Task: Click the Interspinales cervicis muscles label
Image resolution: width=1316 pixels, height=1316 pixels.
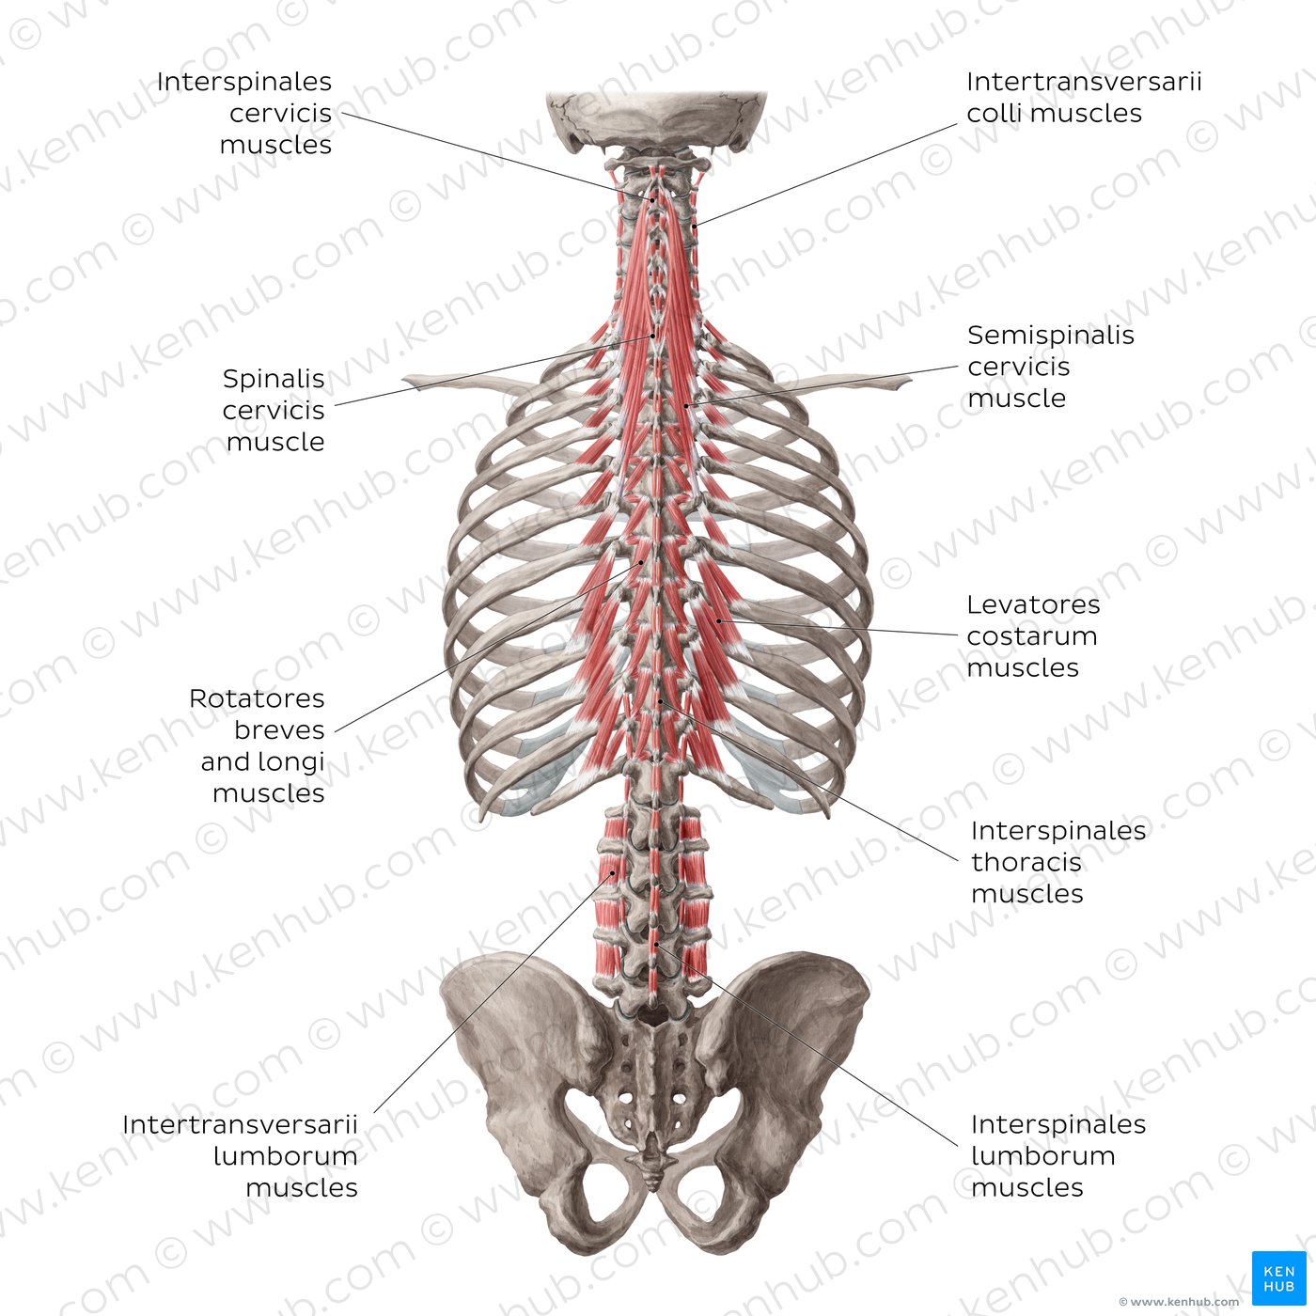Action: [x=243, y=113]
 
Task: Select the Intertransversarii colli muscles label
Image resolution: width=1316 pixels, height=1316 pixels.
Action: [x=1084, y=97]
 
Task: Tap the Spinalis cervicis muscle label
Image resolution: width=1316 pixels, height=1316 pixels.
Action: [x=274, y=410]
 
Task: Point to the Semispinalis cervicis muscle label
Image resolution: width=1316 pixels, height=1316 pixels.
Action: [x=1050, y=366]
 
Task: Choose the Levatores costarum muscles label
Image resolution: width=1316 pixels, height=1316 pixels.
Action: [x=1033, y=635]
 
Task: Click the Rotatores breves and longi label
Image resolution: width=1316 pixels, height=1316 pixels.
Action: [x=257, y=745]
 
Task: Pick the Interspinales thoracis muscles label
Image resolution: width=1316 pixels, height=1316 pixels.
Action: [x=1058, y=862]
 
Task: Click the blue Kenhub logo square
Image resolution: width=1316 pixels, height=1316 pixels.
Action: [x=1278, y=1277]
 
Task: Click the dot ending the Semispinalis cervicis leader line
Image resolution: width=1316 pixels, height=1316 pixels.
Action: [x=686, y=406]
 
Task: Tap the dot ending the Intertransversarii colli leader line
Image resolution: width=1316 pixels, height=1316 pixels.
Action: [x=694, y=226]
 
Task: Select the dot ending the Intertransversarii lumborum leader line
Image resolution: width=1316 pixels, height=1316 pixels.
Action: [x=613, y=872]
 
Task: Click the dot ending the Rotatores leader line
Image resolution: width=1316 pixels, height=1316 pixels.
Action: [x=641, y=563]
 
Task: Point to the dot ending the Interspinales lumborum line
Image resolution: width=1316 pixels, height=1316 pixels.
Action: [x=656, y=944]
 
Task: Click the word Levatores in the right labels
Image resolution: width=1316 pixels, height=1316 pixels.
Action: [x=1033, y=604]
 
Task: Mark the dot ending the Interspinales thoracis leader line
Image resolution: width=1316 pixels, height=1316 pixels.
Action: [x=660, y=701]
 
